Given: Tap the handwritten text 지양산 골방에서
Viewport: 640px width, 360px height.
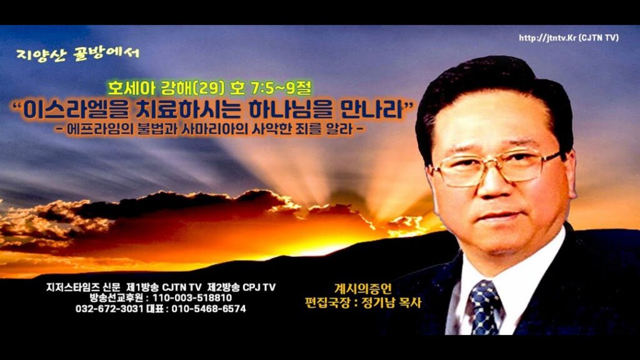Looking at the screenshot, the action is [x=78, y=54].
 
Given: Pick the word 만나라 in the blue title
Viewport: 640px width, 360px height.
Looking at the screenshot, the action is [x=371, y=109].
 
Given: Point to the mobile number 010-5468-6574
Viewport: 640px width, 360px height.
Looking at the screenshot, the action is [x=209, y=309].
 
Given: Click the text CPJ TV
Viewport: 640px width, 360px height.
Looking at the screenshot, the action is [x=259, y=287].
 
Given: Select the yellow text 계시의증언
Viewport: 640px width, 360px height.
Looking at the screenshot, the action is [x=363, y=289].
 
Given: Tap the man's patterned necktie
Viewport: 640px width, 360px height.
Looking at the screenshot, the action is [x=484, y=307].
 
